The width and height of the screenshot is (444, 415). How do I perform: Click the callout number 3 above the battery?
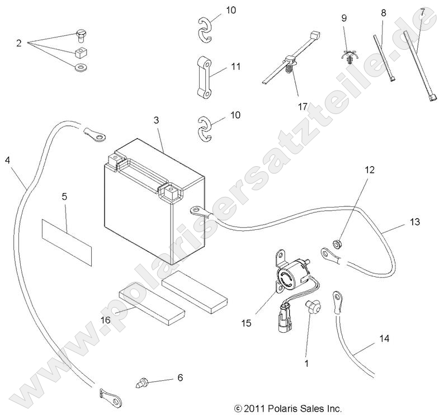point(157,121)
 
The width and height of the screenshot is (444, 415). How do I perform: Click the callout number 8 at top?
point(383,12)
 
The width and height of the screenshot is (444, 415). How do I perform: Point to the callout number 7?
point(422,12)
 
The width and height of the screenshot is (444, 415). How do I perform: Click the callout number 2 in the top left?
point(18,43)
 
